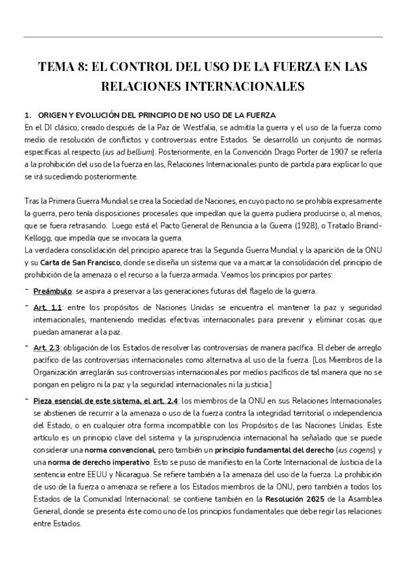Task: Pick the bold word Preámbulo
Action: [54, 291]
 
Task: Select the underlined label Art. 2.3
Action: [47, 347]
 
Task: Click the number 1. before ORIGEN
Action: [27, 114]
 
